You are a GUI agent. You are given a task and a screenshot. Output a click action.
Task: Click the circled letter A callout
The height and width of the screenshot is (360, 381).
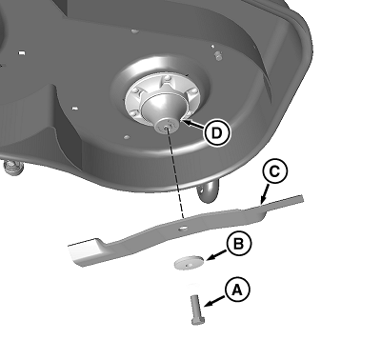[237, 290]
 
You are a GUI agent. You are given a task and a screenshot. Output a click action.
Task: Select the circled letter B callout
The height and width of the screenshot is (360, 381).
[239, 244]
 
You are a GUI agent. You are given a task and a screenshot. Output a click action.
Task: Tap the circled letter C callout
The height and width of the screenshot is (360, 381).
[275, 171]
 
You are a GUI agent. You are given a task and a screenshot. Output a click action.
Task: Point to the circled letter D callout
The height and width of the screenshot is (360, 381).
[217, 133]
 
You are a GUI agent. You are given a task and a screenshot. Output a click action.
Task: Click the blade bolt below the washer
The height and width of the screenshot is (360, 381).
[197, 310]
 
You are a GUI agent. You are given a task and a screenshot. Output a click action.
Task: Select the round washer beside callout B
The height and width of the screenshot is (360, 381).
[190, 263]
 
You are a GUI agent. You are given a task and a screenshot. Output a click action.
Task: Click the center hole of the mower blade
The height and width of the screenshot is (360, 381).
[183, 229]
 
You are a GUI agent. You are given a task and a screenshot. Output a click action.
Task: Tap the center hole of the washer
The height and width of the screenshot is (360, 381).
[190, 264]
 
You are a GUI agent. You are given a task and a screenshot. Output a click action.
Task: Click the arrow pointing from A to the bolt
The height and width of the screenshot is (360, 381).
[216, 301]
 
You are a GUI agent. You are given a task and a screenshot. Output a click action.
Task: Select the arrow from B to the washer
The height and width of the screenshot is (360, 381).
[217, 254]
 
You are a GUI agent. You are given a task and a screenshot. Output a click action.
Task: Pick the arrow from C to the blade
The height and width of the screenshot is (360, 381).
[264, 193]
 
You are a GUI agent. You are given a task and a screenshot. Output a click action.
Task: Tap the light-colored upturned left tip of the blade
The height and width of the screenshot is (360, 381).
[83, 251]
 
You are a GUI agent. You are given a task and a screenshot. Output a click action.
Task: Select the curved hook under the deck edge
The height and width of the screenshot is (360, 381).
[209, 191]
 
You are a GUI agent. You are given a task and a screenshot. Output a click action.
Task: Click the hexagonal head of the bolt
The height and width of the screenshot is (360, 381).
[198, 321]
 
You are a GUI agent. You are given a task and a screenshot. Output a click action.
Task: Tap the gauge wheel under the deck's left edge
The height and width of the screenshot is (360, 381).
[12, 169]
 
